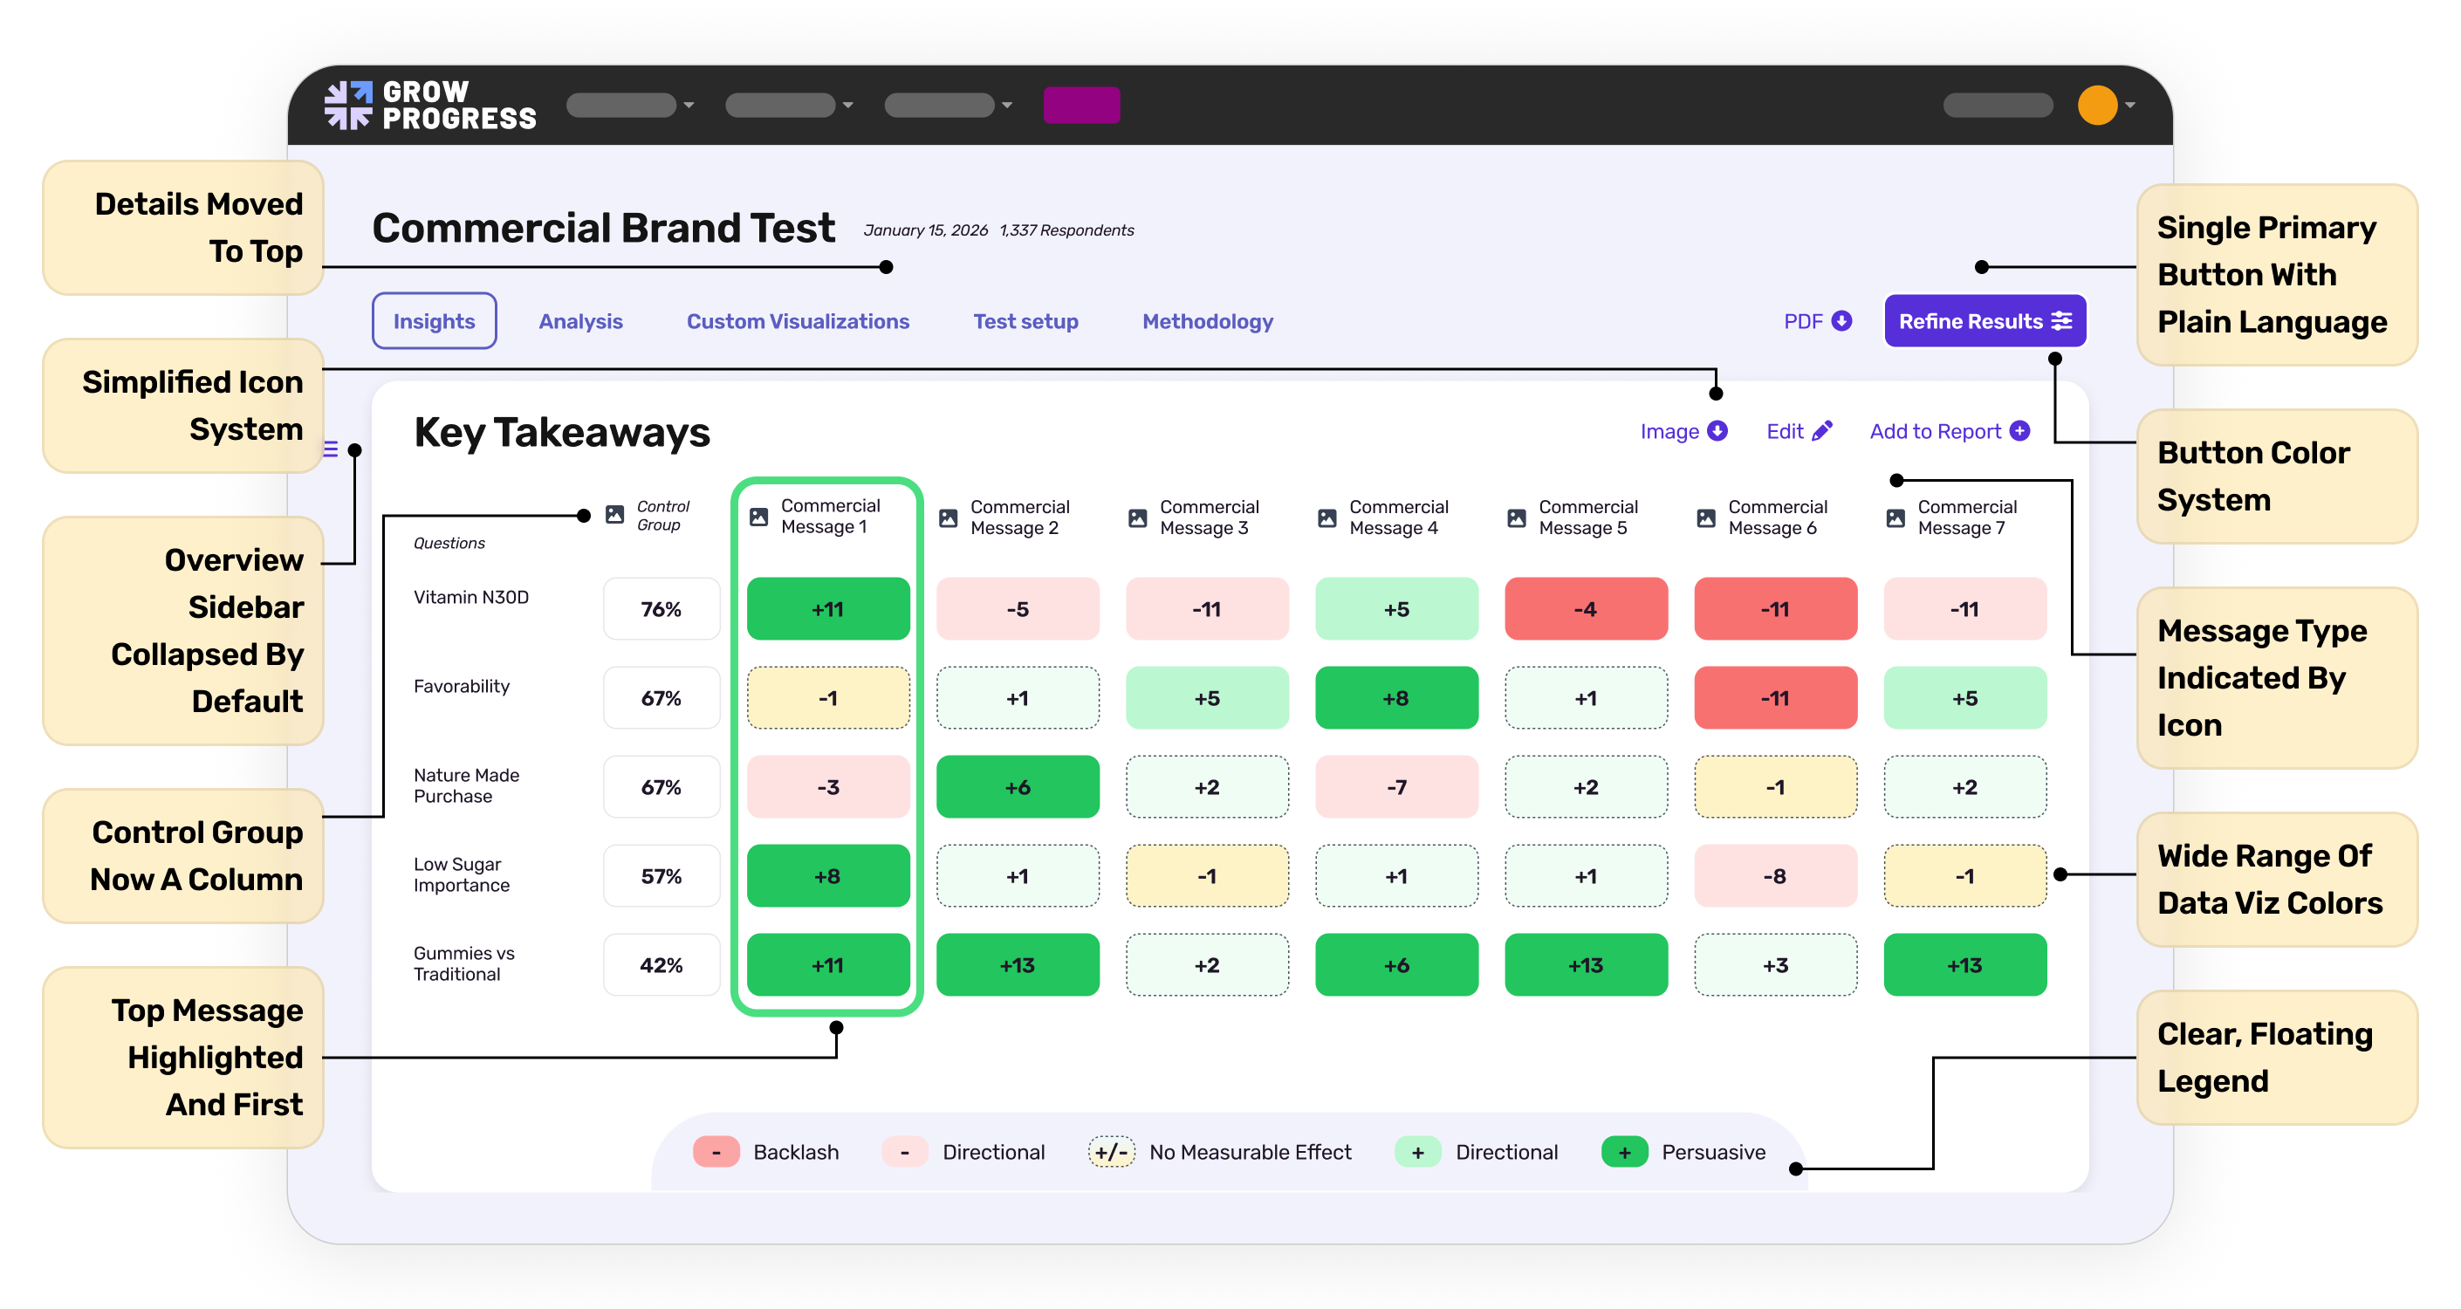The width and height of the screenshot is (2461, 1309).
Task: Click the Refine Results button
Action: coord(1985,321)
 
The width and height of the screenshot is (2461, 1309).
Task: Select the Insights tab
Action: coord(434,321)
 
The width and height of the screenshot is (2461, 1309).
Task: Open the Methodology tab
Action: coord(1207,321)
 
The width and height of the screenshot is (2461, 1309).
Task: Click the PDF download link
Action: coord(1816,321)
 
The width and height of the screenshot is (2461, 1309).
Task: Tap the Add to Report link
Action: coord(1948,431)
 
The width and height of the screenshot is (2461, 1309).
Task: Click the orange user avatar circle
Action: coord(2096,105)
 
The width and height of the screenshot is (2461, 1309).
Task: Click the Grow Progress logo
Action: coord(430,105)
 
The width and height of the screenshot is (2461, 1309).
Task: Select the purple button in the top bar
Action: coord(1080,105)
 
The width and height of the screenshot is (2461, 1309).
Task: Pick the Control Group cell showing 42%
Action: coord(662,965)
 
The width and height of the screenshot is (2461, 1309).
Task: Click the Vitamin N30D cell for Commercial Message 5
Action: coord(1585,608)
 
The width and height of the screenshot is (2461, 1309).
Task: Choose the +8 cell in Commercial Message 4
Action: coord(1395,697)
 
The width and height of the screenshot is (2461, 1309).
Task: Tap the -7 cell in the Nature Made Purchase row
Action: coord(1395,786)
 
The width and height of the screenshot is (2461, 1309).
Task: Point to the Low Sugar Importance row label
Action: coord(462,874)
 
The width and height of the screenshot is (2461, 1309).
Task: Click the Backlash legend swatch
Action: coord(716,1151)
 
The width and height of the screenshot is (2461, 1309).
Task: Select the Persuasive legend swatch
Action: coord(1623,1151)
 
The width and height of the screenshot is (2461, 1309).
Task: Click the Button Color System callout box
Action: coord(2275,476)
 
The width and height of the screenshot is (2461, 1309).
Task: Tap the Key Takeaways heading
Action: coord(562,433)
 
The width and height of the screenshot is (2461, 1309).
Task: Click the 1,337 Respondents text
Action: coord(1066,230)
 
